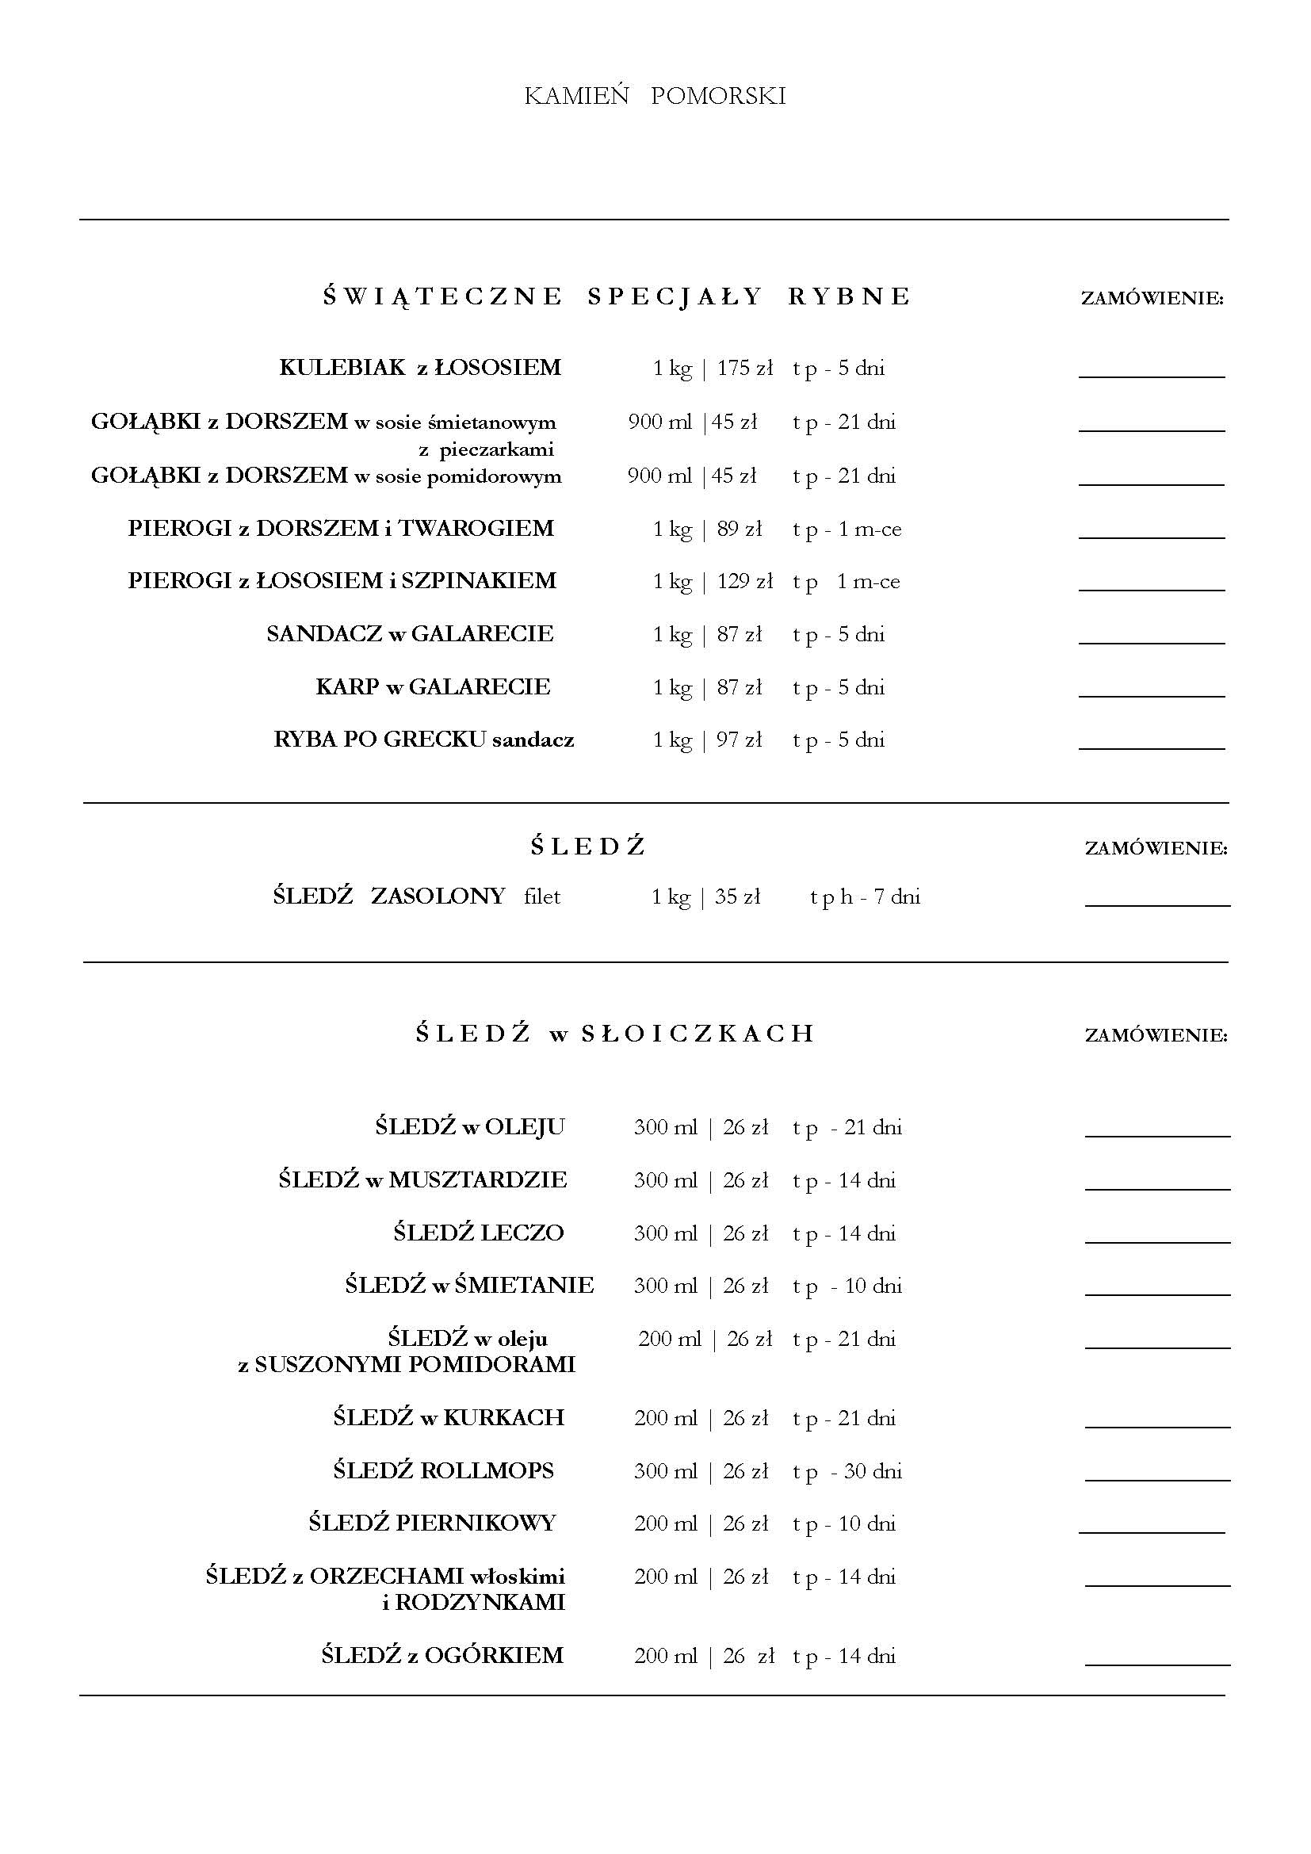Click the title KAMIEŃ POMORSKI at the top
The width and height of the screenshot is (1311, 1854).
click(x=655, y=96)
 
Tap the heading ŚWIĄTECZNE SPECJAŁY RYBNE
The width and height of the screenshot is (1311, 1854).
click(x=617, y=296)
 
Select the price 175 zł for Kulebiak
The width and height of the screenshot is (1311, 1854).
click(x=744, y=369)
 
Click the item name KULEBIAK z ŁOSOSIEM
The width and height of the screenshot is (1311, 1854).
click(x=420, y=368)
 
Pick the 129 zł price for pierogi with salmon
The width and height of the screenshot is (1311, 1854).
click(x=744, y=581)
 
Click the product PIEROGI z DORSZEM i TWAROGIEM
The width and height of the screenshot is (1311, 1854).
click(x=341, y=529)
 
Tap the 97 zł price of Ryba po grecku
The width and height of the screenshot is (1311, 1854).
click(x=739, y=740)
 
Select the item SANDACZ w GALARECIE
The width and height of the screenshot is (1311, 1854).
click(x=410, y=634)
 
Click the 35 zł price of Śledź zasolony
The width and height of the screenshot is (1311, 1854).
click(x=737, y=896)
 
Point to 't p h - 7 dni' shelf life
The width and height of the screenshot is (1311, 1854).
click(x=865, y=896)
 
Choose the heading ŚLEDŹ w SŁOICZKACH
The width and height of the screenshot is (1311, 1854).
click(x=615, y=1034)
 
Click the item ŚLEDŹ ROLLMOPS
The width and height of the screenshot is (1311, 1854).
click(x=443, y=1470)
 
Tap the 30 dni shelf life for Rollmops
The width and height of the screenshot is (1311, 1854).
click(x=873, y=1471)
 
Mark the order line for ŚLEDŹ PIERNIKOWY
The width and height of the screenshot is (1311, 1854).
click(x=1151, y=1531)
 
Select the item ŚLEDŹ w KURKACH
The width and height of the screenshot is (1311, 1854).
click(x=448, y=1417)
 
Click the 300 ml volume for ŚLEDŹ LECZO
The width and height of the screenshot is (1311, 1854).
click(x=665, y=1233)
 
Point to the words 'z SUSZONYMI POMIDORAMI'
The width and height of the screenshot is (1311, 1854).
click(x=407, y=1365)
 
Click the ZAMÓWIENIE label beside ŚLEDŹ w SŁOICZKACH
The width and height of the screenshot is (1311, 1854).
click(x=1156, y=1035)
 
